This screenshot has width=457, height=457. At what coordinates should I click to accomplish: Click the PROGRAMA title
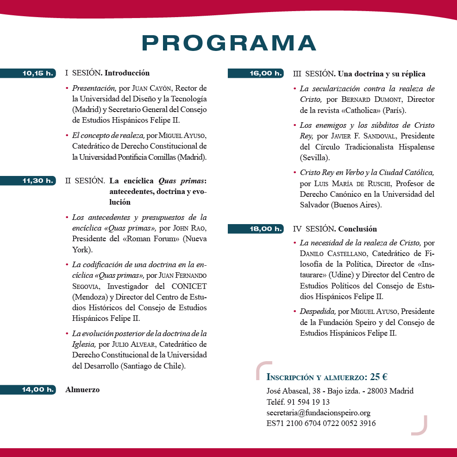[x=229, y=43]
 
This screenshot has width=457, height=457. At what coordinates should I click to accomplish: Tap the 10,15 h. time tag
[x=38, y=73]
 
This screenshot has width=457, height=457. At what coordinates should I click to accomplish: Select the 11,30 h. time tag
[x=38, y=181]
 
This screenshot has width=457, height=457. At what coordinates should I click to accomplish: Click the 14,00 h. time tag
[x=38, y=390]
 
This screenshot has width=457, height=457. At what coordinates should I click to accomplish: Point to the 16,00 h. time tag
[x=266, y=73]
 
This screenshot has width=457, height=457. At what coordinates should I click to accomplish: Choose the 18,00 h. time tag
[x=266, y=229]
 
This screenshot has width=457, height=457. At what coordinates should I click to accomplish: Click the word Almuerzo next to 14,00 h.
[x=82, y=390]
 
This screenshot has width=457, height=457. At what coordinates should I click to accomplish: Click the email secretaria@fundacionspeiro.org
[x=318, y=413]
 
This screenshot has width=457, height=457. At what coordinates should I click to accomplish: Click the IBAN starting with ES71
[x=321, y=423]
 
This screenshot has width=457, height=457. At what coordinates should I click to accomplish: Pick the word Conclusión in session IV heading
[x=357, y=229]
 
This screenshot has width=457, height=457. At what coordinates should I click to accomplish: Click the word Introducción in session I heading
[x=127, y=73]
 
